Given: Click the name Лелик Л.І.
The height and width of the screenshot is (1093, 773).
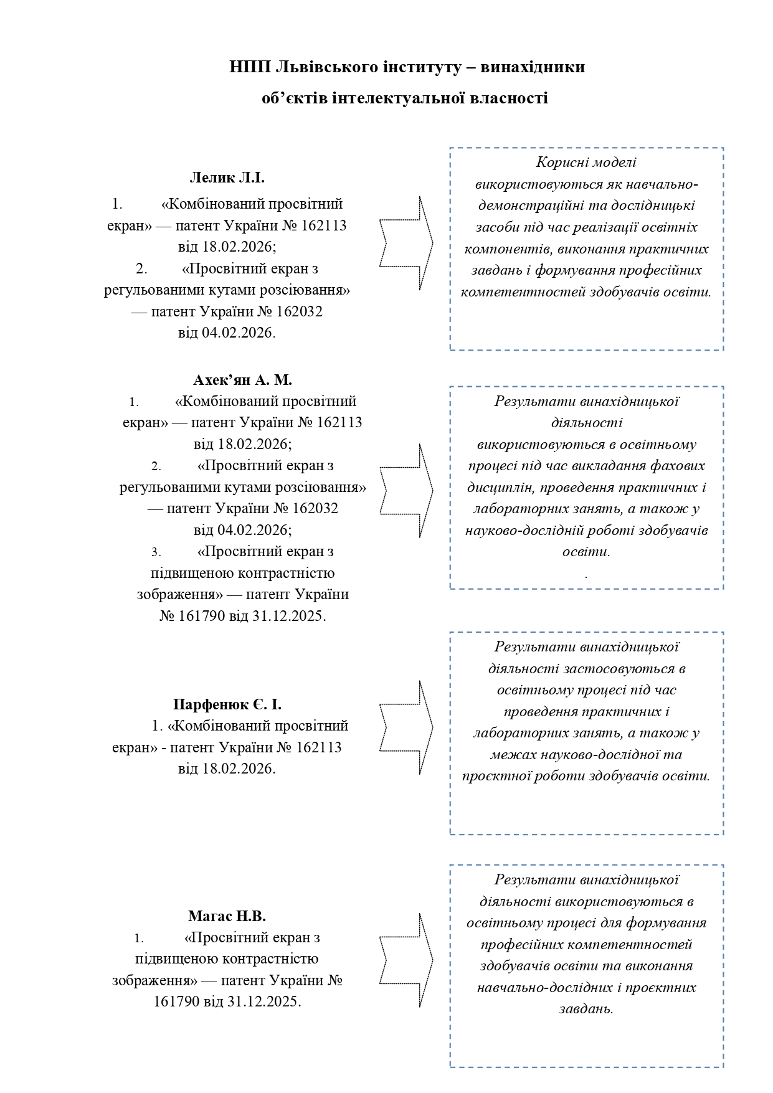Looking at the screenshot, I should point(227,177).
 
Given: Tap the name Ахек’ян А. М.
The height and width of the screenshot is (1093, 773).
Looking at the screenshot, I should point(242,380).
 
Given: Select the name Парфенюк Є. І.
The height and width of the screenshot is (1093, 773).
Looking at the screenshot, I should point(227,704).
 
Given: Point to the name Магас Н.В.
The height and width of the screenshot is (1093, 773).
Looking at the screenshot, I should point(227,916).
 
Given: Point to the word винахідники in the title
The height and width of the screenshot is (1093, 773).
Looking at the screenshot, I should point(534,67).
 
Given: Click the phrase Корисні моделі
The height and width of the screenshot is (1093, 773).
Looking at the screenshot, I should point(586,163).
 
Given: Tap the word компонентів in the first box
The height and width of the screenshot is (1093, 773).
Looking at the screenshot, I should point(507,249).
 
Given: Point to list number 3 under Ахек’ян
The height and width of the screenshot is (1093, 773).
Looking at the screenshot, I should point(156,552).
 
